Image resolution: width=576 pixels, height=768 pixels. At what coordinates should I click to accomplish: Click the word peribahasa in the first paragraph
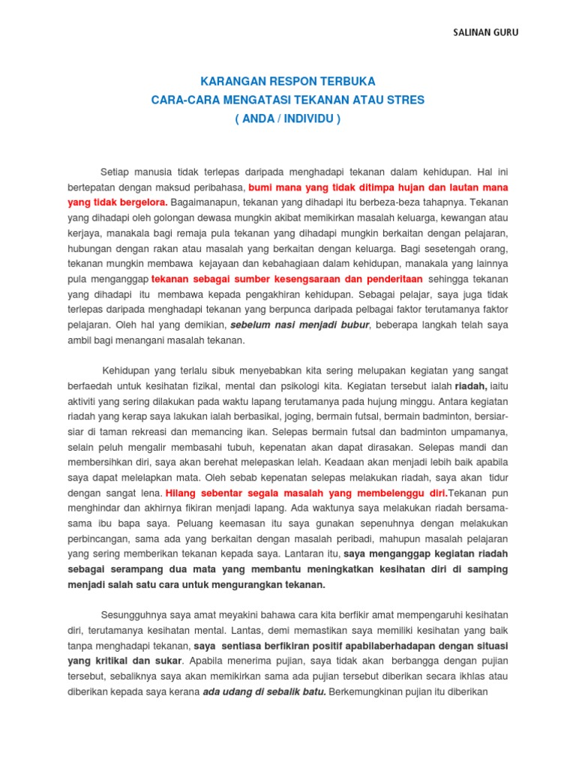pyautogui.click(x=221, y=187)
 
